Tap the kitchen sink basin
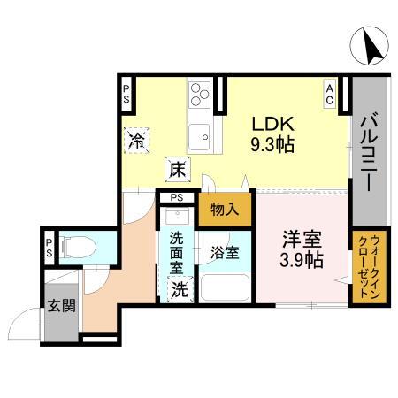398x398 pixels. (x=201, y=134)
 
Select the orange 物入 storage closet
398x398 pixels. (x=226, y=210)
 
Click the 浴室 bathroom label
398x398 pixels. (x=225, y=251)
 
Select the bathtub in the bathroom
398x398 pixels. (x=225, y=287)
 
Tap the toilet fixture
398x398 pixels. (x=75, y=249)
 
